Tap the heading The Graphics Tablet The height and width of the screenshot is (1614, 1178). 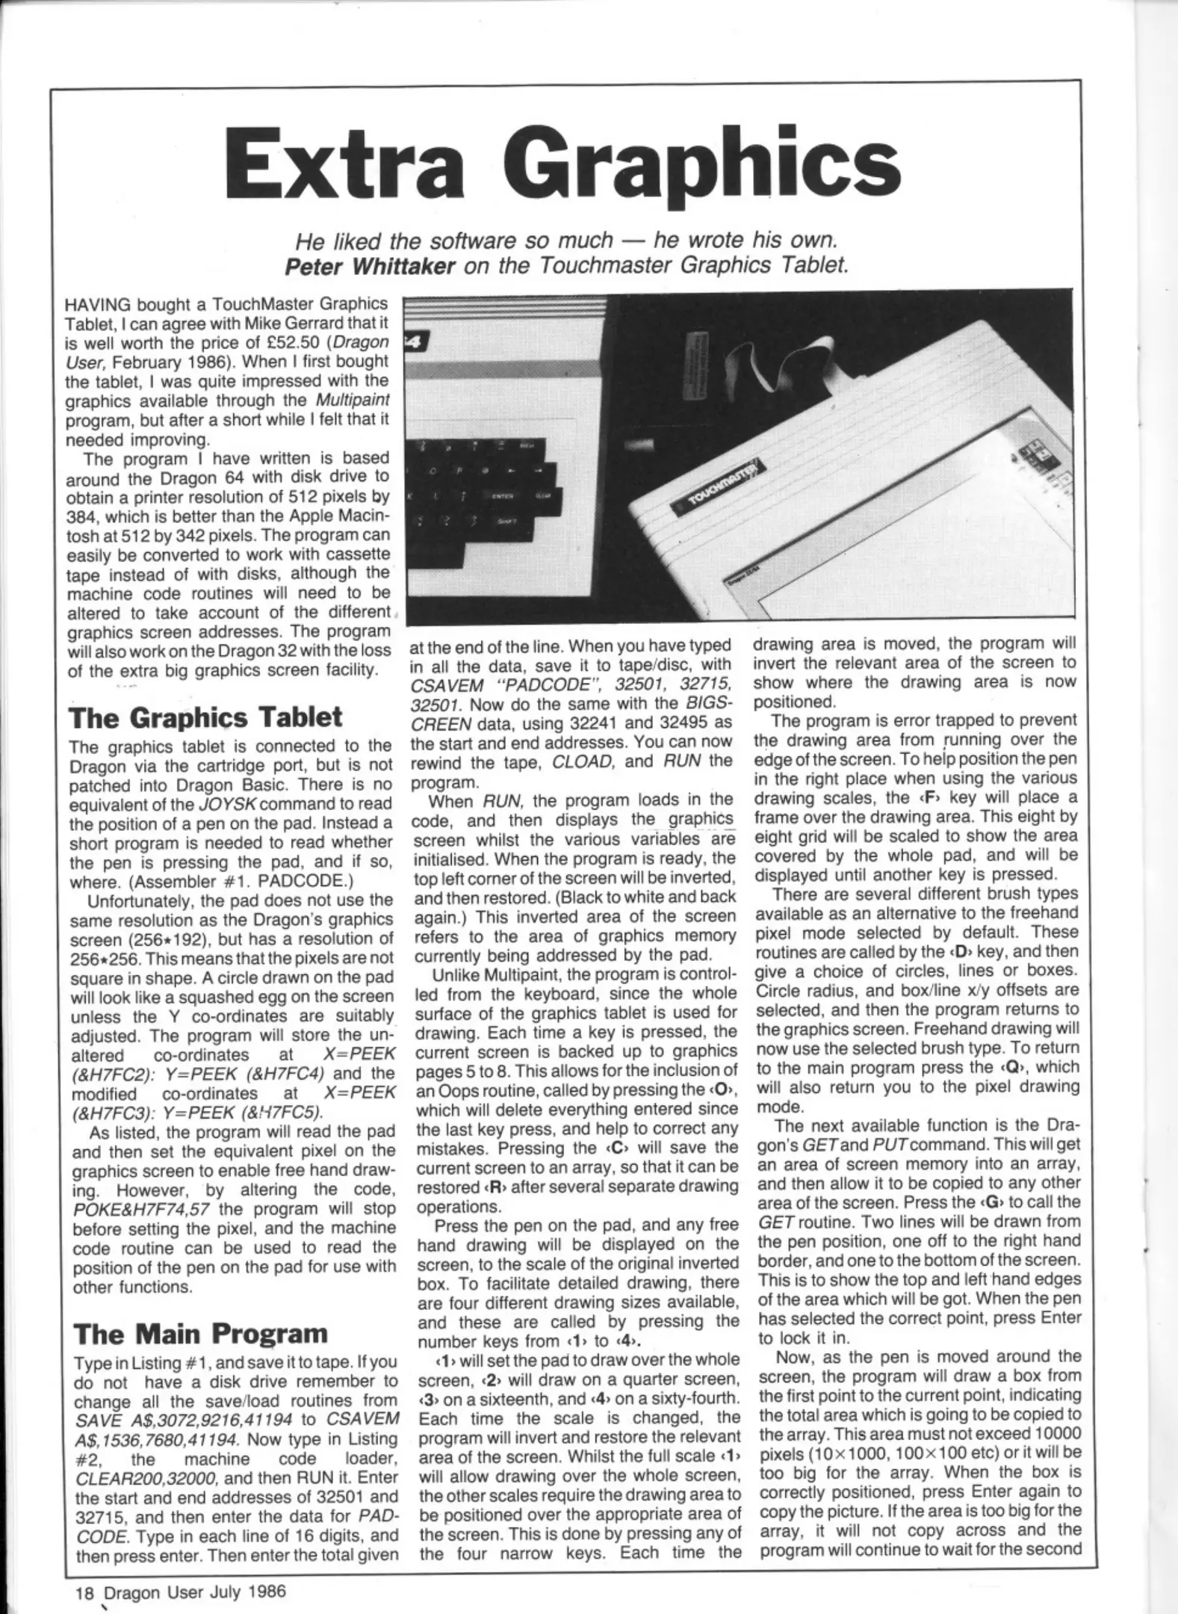pyautogui.click(x=205, y=717)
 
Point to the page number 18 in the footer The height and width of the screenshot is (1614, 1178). pyautogui.click(x=84, y=1591)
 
